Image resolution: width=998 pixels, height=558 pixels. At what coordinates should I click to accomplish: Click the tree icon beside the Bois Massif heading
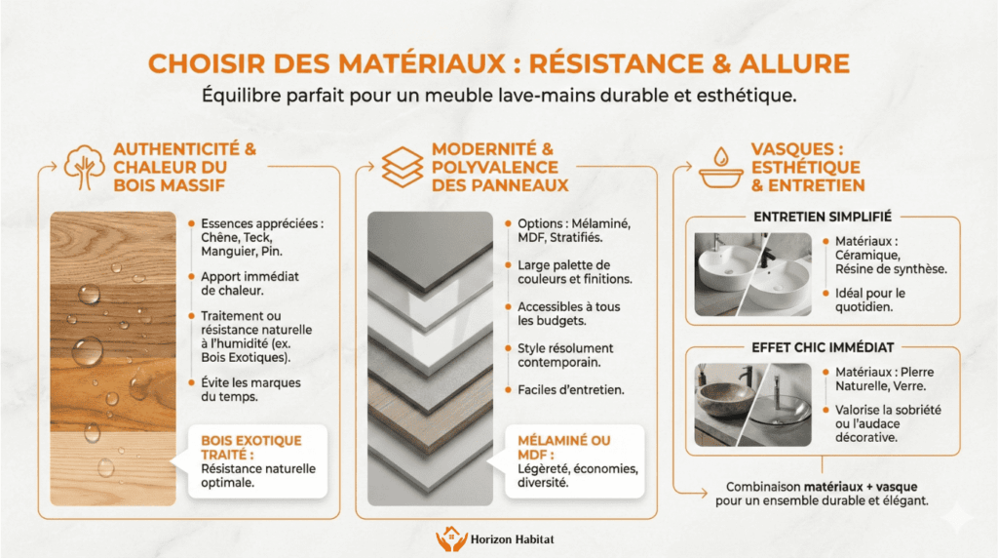click(x=84, y=166)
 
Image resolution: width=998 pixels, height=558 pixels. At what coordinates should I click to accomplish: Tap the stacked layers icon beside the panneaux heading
click(x=402, y=166)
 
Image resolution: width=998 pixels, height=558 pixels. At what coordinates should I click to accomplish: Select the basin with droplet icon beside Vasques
click(x=720, y=168)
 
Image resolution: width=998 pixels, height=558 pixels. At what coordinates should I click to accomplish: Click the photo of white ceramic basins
click(x=751, y=274)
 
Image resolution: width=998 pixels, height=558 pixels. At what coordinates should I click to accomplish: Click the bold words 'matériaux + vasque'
click(x=861, y=486)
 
